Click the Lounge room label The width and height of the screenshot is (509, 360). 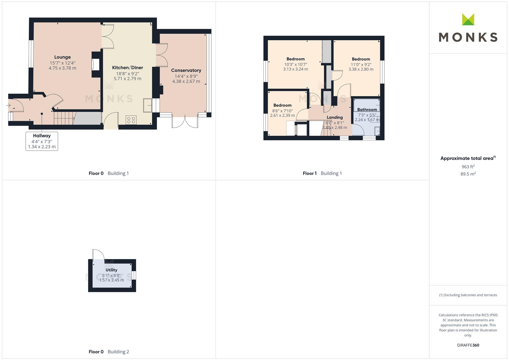[62, 57]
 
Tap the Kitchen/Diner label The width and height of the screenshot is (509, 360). [127, 67]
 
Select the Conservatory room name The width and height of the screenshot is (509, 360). [186, 70]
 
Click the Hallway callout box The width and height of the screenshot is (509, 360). [42, 141]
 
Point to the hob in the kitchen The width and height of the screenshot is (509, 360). [131, 120]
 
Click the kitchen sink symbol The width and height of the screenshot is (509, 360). [148, 105]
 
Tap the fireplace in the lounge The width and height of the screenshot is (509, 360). [96, 65]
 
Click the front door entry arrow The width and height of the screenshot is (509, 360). [8, 105]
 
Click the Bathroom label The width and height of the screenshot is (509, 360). [367, 110]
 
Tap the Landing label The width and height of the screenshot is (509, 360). [335, 117]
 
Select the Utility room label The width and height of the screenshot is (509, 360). [111, 270]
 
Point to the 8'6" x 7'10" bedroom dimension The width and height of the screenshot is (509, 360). [282, 111]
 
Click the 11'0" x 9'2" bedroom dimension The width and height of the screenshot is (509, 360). [361, 65]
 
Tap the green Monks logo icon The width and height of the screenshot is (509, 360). [468, 20]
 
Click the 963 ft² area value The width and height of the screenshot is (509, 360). [468, 167]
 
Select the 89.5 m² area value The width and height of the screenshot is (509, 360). [468, 174]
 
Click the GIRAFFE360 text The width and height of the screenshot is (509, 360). [468, 345]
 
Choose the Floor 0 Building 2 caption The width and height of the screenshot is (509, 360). [109, 352]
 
